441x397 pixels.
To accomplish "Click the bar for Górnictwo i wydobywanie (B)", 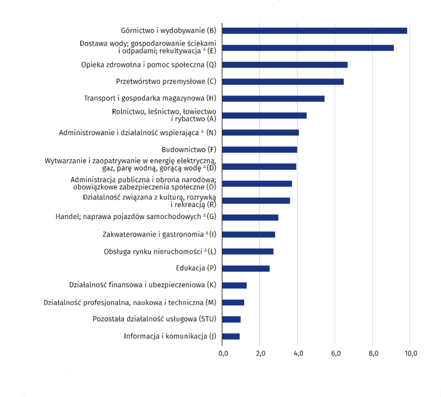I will click(x=314, y=31).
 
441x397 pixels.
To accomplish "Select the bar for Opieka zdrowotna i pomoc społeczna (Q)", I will click(x=285, y=65).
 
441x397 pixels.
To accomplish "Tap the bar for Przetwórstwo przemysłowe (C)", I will click(x=283, y=82).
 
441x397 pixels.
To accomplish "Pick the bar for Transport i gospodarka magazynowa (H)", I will click(x=273, y=99).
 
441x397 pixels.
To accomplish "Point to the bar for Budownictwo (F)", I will click(x=260, y=150).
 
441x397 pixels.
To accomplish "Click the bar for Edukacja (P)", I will click(x=246, y=268).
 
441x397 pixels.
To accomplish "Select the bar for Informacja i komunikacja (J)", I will click(x=231, y=336).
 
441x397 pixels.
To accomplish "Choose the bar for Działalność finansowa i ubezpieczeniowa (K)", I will click(x=234, y=286).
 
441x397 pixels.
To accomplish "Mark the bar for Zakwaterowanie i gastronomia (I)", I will click(x=249, y=235).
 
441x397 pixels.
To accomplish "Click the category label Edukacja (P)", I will click(x=196, y=268).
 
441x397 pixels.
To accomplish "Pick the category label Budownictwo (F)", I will click(x=189, y=149).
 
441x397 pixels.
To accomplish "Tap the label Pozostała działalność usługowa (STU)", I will click(x=154, y=319).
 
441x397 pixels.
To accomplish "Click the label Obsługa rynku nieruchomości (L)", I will click(x=160, y=251).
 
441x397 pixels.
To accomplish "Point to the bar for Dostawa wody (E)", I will click(x=308, y=48).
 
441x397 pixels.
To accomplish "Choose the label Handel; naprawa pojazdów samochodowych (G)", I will click(x=136, y=216).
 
